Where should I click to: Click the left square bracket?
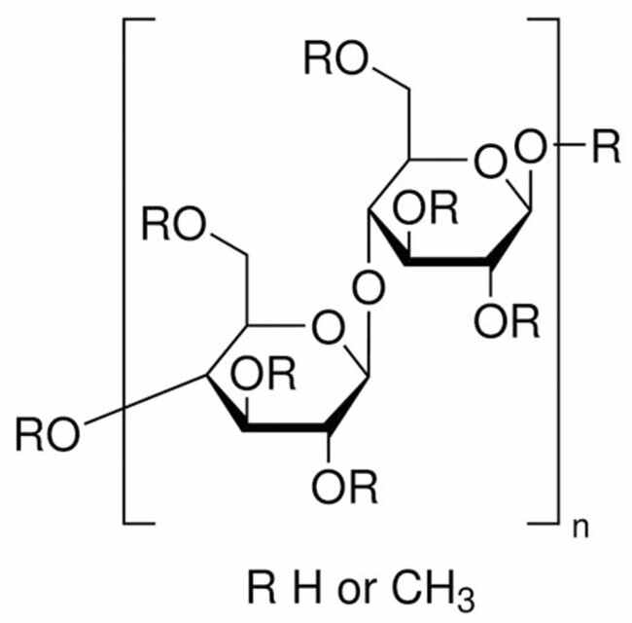pyautogui.click(x=123, y=272)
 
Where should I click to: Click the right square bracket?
pyautogui.click(x=558, y=272)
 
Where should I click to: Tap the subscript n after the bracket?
pyautogui.click(x=580, y=529)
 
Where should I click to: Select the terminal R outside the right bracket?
pyautogui.click(x=606, y=146)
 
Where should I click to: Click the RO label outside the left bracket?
pyautogui.click(x=48, y=434)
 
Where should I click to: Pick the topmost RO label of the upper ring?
pyautogui.click(x=336, y=57)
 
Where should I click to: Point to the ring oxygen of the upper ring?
pyautogui.click(x=490, y=162)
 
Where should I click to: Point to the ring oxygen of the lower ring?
pyautogui.click(x=329, y=327)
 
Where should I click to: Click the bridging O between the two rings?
pyautogui.click(x=369, y=287)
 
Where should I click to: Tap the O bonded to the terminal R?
pyautogui.click(x=531, y=146)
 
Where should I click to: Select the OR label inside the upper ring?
pyautogui.click(x=426, y=207)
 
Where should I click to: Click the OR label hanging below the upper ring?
pyautogui.click(x=507, y=321)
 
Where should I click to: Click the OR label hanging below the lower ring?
pyautogui.click(x=344, y=487)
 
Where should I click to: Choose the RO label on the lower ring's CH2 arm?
pyautogui.click(x=174, y=224)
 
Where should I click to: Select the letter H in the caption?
pyautogui.click(x=307, y=586)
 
